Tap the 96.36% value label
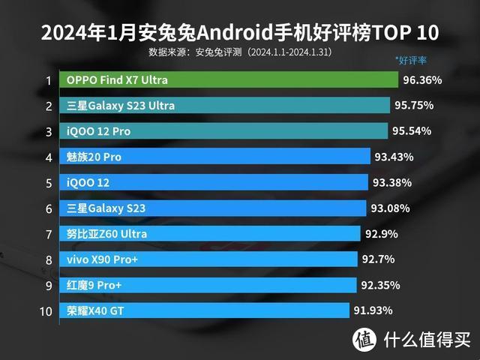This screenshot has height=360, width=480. click(x=421, y=79)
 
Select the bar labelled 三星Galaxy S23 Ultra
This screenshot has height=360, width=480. click(x=225, y=106)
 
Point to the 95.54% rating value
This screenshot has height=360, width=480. click(x=412, y=131)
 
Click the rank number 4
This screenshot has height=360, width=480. click(x=48, y=157)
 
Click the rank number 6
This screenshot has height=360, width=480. click(x=48, y=208)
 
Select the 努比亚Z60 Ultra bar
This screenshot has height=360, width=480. click(x=211, y=234)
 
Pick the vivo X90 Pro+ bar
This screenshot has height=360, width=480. click(x=209, y=259)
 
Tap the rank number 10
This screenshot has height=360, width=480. click(x=46, y=310)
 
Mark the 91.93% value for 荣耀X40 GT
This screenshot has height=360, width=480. click(x=373, y=310)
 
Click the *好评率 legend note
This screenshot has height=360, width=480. click(x=411, y=59)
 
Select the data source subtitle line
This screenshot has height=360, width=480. click(x=240, y=52)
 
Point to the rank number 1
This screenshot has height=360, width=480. click(x=48, y=80)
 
